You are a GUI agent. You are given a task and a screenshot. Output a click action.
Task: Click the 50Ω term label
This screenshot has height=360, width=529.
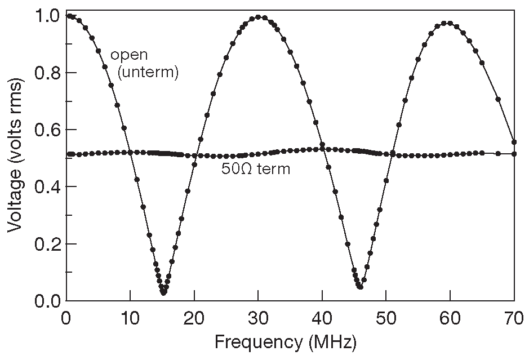[256, 168]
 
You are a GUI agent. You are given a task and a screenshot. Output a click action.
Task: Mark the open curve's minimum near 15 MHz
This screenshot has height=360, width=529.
[163, 292]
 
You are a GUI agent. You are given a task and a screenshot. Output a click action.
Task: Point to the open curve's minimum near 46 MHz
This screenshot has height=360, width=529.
[360, 287]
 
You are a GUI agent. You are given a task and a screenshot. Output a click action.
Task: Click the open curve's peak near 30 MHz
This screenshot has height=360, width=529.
[259, 17]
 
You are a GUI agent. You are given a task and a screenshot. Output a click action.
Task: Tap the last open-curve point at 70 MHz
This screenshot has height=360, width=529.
[514, 142]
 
